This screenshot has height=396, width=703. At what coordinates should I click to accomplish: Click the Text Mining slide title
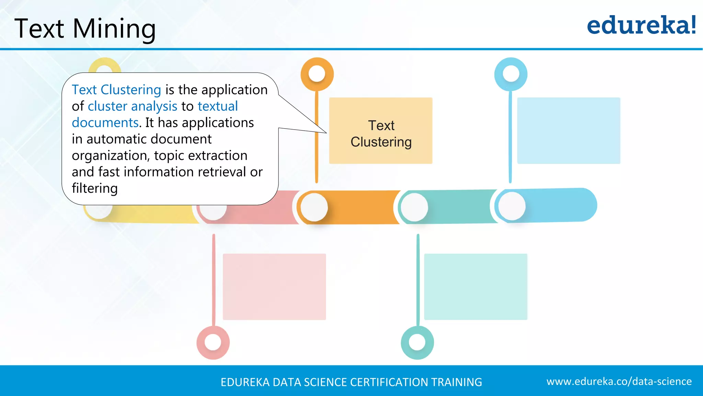pos(85,29)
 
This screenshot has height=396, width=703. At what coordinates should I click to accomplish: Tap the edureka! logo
pos(641,25)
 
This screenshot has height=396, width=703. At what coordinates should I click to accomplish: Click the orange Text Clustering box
pos(381,131)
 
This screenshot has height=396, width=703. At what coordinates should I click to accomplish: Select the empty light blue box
pos(568,131)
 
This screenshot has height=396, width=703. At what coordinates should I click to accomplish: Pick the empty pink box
pos(274,287)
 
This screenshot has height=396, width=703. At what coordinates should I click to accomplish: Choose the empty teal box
pos(475,287)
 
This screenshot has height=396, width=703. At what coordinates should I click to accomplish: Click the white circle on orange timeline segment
pos(314,207)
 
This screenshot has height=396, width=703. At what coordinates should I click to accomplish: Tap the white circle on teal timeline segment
pos(414,207)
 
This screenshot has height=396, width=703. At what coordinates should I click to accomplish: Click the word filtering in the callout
pos(95,188)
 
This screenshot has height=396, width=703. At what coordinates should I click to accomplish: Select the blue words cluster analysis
pos(132,106)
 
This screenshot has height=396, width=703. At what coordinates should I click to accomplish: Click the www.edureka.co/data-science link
pos(619,382)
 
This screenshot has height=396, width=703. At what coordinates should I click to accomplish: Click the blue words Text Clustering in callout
pos(116,90)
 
